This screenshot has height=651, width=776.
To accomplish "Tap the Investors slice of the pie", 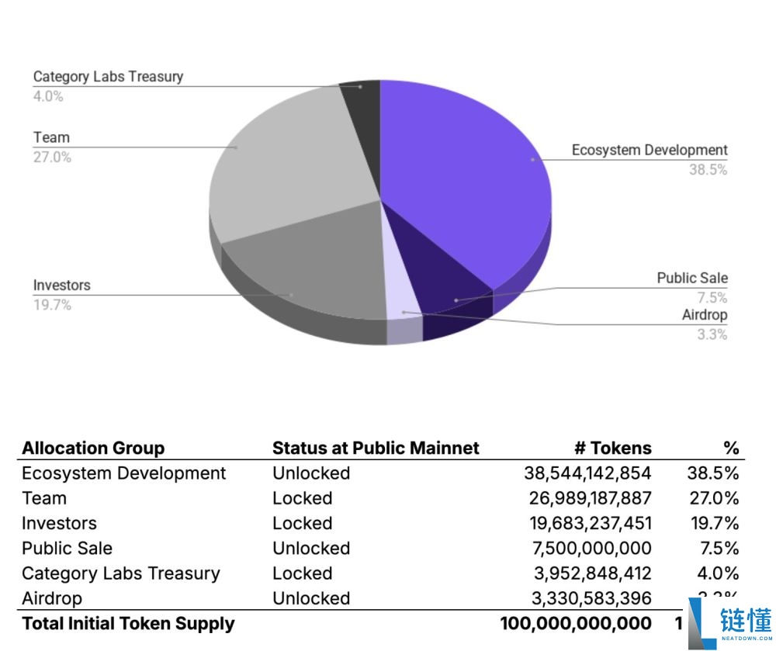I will (310, 264).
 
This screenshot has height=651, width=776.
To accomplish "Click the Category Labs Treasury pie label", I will (108, 77).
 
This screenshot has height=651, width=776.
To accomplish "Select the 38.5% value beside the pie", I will (708, 170).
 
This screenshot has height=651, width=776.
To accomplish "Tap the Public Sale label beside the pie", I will (692, 278).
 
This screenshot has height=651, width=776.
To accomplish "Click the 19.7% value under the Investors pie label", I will (52, 305).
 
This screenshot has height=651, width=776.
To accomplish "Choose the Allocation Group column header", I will (93, 448).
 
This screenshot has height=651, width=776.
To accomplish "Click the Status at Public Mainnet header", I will (376, 448).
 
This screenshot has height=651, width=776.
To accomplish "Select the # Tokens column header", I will (612, 448).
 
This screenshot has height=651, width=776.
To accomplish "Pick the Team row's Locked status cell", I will (302, 498).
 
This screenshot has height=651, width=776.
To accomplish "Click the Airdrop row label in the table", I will (52, 598).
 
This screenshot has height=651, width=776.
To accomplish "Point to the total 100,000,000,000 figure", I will (576, 624).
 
